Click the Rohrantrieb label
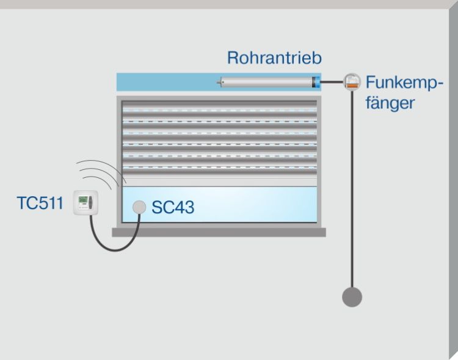point(274,58)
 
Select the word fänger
point(390,102)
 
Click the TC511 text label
point(40,203)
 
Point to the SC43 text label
point(173,208)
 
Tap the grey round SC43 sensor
point(140,207)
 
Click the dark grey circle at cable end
point(352,297)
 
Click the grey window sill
point(219,232)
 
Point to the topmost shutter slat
point(220,105)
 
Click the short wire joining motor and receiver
point(332,82)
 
